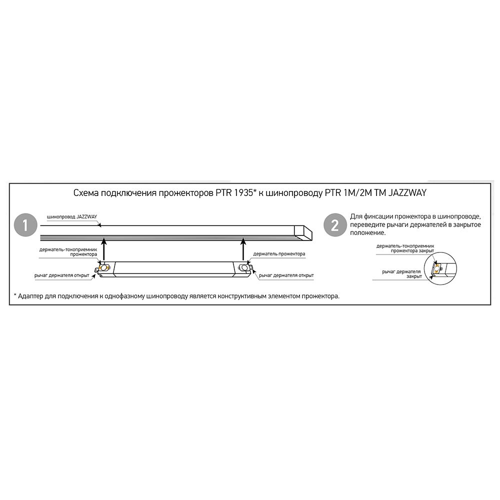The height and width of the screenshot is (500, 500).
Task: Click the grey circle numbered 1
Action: [x=26, y=225]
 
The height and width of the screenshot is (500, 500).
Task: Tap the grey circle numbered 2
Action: [x=335, y=225]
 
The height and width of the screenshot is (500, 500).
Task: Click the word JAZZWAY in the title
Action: [x=407, y=193]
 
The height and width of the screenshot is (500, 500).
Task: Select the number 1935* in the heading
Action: [x=245, y=193]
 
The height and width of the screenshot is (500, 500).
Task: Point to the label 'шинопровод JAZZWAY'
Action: [x=71, y=217]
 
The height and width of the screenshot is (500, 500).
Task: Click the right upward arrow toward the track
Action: [x=243, y=249]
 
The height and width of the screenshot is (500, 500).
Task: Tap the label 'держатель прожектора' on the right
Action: [x=279, y=254]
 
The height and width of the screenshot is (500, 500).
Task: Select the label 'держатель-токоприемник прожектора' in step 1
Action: [x=68, y=252]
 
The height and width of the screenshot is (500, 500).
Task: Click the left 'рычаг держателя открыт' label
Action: [x=61, y=275]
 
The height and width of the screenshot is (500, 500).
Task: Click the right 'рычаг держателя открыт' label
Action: [x=286, y=275]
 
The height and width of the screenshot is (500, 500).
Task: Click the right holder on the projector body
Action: [x=244, y=268]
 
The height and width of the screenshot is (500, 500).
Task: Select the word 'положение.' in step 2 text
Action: [x=367, y=233]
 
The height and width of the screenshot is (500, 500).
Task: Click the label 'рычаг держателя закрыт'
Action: [x=402, y=274]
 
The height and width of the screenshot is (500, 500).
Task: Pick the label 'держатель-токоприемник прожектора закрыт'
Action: [x=405, y=248]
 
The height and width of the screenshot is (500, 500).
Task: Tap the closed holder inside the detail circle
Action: [x=435, y=268]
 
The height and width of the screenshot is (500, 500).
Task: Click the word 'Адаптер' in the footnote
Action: [x=30, y=296]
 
